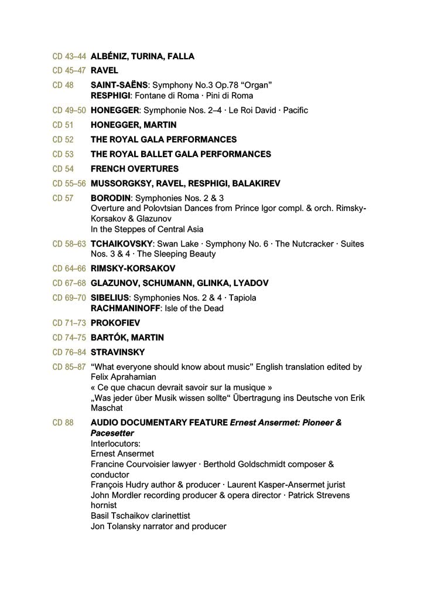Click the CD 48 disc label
click(x=63, y=86)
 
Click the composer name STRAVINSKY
click(x=118, y=352)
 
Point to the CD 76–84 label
click(x=69, y=352)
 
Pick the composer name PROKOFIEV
click(x=115, y=323)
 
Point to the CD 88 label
click(x=63, y=422)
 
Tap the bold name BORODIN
click(x=111, y=198)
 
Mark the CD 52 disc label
click(x=63, y=139)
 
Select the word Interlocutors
click(x=115, y=444)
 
